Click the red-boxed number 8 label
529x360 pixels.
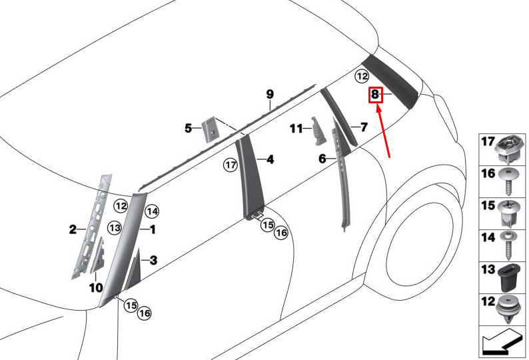pyautogui.click(x=375, y=95)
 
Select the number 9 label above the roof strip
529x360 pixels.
pyautogui.click(x=270, y=94)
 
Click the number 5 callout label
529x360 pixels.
pyautogui.click(x=189, y=127)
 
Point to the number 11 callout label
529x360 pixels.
pyautogui.click(x=296, y=127)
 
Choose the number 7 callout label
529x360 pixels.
pyautogui.click(x=364, y=127)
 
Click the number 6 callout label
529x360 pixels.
pyautogui.click(x=322, y=159)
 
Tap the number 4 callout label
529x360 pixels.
pyautogui.click(x=270, y=159)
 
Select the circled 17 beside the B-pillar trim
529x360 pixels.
pyautogui.click(x=231, y=164)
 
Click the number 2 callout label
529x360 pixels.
pyautogui.click(x=73, y=231)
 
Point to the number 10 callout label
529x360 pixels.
pyautogui.click(x=96, y=288)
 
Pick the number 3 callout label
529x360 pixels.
pyautogui.click(x=153, y=261)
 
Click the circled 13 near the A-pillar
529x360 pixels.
pyautogui.click(x=115, y=228)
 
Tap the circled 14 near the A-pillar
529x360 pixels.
pyautogui.click(x=152, y=212)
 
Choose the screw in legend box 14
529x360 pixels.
pyautogui.click(x=510, y=245)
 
